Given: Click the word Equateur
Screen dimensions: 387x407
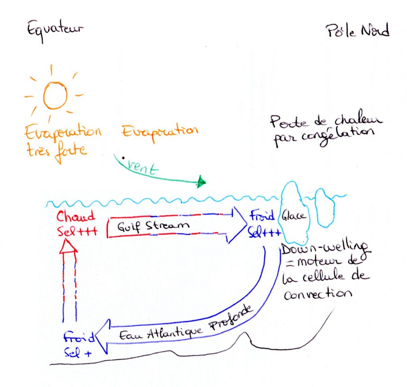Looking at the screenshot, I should (x=55, y=29).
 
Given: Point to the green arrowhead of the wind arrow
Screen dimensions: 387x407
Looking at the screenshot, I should (x=202, y=182).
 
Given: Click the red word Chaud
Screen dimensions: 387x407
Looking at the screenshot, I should (x=76, y=217).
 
